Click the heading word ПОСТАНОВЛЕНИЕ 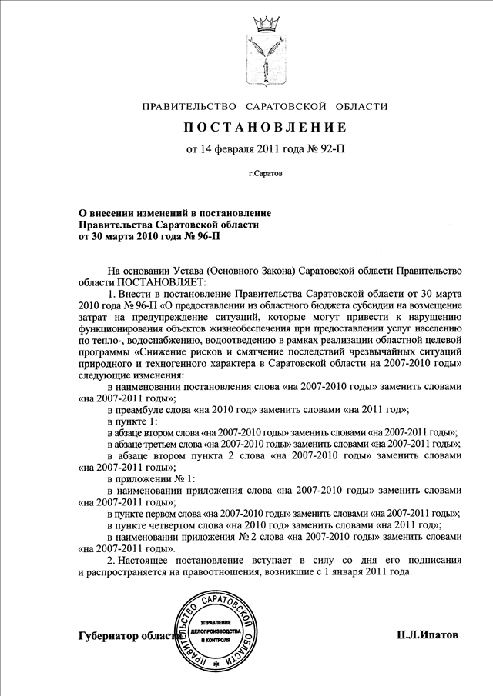tap(265, 126)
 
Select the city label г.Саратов tap(265, 175)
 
